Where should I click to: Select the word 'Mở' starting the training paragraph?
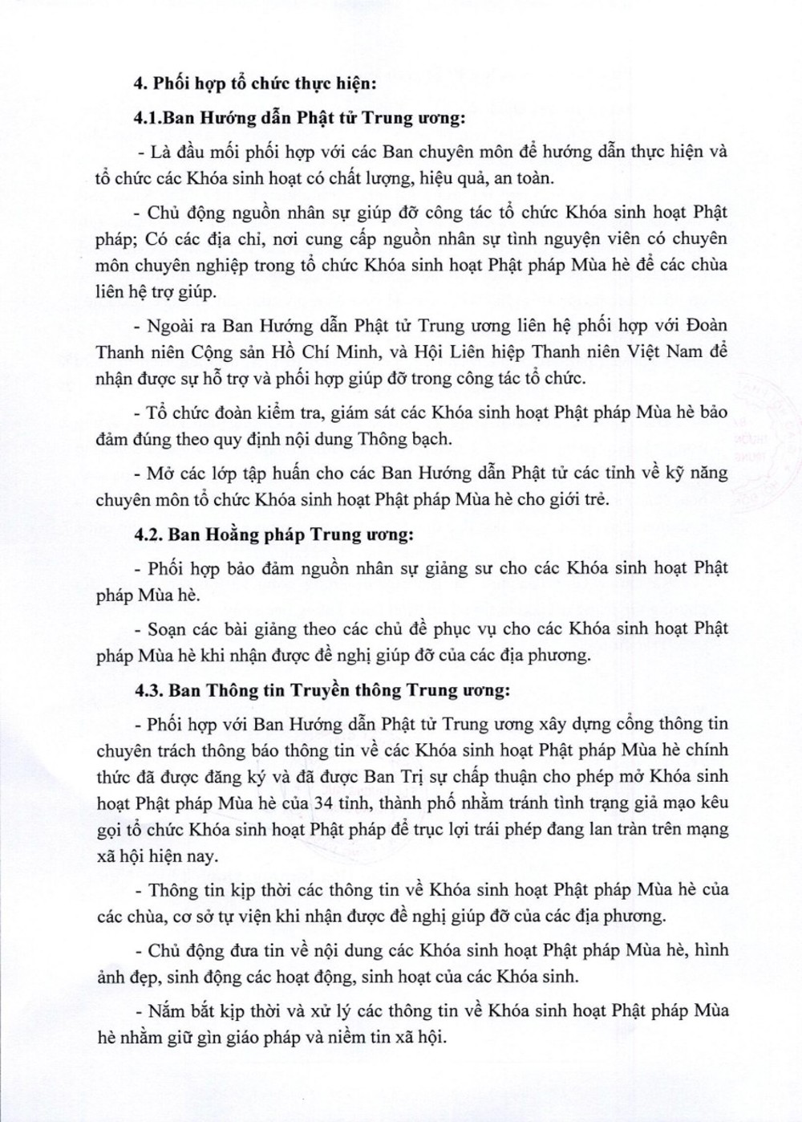tap(160, 473)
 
